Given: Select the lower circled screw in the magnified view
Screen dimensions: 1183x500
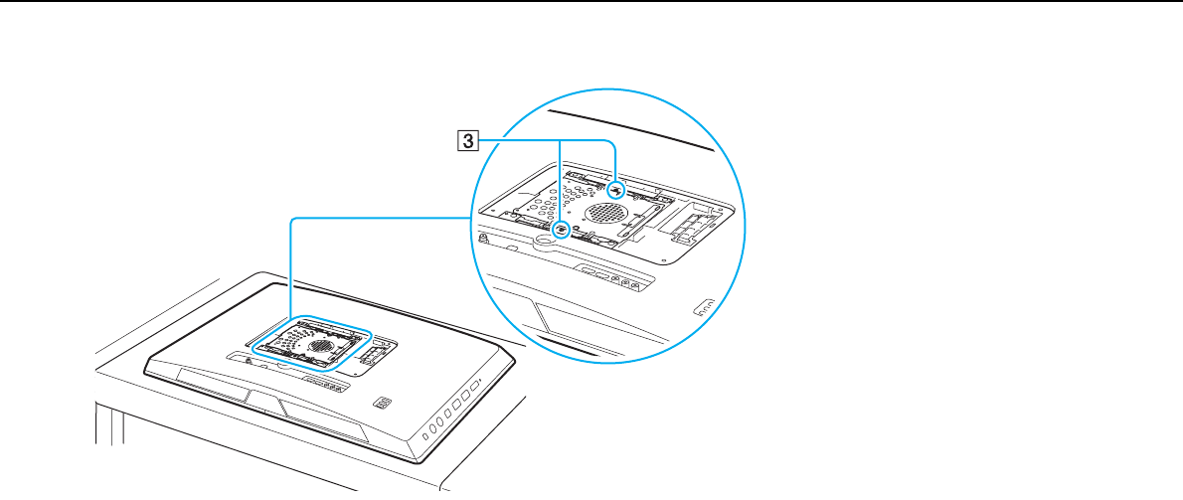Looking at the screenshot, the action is click(x=562, y=229).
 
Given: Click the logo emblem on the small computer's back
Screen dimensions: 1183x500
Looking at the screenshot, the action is click(x=383, y=405).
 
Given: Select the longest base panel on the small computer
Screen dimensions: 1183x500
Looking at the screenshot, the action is click(x=323, y=416).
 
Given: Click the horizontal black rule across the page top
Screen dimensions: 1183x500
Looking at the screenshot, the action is click(x=591, y=2).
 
